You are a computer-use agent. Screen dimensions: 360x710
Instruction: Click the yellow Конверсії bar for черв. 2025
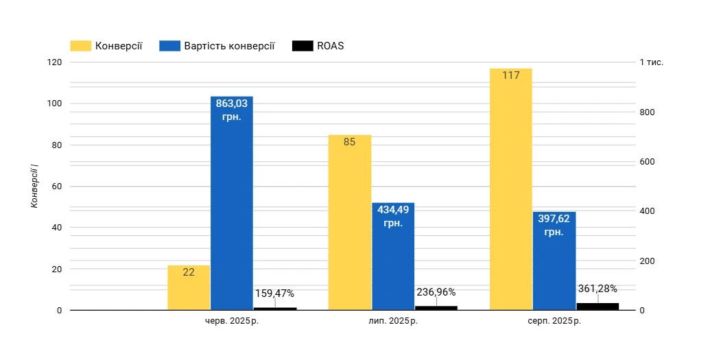189,288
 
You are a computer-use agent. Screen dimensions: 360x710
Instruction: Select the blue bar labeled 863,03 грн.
231,206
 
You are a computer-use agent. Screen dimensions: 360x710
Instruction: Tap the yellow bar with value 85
349,223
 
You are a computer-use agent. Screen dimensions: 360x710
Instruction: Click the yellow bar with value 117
511,192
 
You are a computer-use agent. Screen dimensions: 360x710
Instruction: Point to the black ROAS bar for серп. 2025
597,307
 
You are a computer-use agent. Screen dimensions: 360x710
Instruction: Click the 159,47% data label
274,293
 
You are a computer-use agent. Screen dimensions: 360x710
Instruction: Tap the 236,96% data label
436,292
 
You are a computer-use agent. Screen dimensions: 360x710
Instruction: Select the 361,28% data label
597,289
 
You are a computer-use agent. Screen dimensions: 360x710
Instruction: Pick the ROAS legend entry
330,46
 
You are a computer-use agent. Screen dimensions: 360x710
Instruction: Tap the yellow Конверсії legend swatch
80,46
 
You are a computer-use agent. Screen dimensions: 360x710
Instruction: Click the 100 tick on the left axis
55,104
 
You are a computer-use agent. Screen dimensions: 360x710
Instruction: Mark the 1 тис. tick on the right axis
651,62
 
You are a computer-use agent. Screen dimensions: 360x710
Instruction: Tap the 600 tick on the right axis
647,162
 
